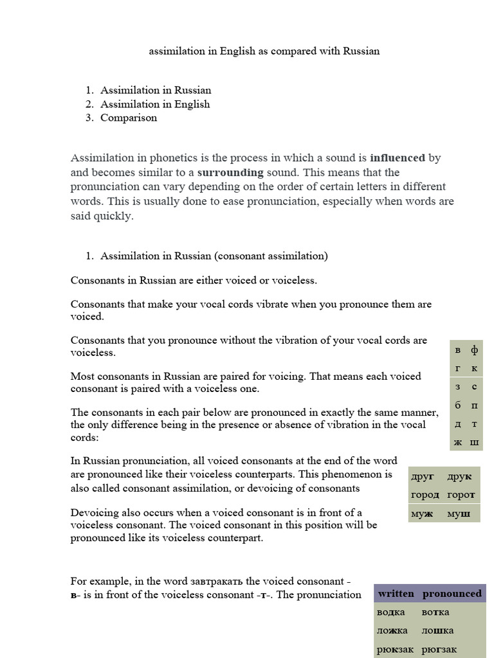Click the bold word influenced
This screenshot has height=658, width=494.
(x=397, y=157)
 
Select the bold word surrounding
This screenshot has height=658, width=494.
(x=230, y=172)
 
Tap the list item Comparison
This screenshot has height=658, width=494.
(x=128, y=118)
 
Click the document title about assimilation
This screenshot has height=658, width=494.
(x=264, y=51)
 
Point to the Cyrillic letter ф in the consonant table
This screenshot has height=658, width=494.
(x=475, y=350)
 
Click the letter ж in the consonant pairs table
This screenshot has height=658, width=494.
(x=458, y=442)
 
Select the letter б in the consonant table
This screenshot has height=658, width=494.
(x=458, y=405)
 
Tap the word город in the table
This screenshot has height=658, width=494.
(x=425, y=495)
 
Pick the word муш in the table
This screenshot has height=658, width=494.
(x=459, y=513)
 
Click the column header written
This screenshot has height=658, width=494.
(x=396, y=594)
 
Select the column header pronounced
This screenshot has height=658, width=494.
(x=452, y=594)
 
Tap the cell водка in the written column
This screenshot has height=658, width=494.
(x=391, y=612)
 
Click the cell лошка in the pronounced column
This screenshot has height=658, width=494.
(x=437, y=630)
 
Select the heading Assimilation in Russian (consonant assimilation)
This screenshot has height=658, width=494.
(x=214, y=256)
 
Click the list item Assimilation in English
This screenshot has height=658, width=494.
(x=155, y=104)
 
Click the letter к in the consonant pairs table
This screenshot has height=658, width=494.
(x=475, y=368)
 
